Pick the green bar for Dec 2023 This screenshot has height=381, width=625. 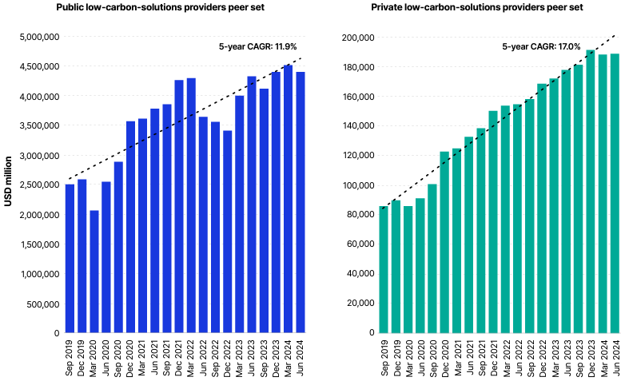pyautogui.click(x=591, y=192)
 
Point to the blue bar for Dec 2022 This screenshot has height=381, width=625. pyautogui.click(x=227, y=232)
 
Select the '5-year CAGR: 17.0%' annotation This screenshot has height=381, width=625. pyautogui.click(x=530, y=46)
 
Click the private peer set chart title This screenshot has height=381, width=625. pyautogui.click(x=477, y=7)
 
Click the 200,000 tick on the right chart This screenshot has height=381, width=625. pyautogui.click(x=356, y=38)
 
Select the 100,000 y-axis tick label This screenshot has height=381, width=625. pyautogui.click(x=356, y=185)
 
